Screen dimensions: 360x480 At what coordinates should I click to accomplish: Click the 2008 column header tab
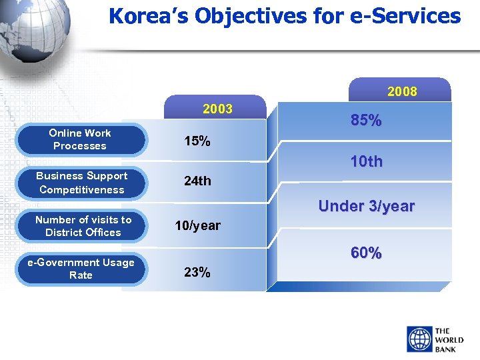(402, 91)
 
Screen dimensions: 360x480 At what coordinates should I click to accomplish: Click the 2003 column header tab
(217, 109)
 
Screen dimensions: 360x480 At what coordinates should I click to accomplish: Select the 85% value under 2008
(366, 121)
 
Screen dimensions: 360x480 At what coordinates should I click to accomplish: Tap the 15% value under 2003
(197, 141)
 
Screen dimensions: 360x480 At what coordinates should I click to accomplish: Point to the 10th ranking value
(366, 162)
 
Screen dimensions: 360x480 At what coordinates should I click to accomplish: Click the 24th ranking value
(197, 181)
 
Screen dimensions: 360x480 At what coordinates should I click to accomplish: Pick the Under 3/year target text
(366, 207)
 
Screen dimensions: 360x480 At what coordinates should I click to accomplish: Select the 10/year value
(197, 225)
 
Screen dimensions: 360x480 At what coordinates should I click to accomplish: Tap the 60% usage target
(366, 253)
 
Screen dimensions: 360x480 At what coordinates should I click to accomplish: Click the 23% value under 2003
(197, 272)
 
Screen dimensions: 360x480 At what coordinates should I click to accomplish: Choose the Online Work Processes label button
(80, 139)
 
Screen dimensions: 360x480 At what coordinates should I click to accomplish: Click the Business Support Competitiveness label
(81, 183)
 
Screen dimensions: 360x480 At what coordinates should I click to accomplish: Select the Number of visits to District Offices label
(83, 226)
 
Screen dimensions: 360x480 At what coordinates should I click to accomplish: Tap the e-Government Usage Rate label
(81, 269)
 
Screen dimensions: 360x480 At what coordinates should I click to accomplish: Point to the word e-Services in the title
(407, 15)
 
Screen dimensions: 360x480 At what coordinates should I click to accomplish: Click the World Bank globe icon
(419, 339)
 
